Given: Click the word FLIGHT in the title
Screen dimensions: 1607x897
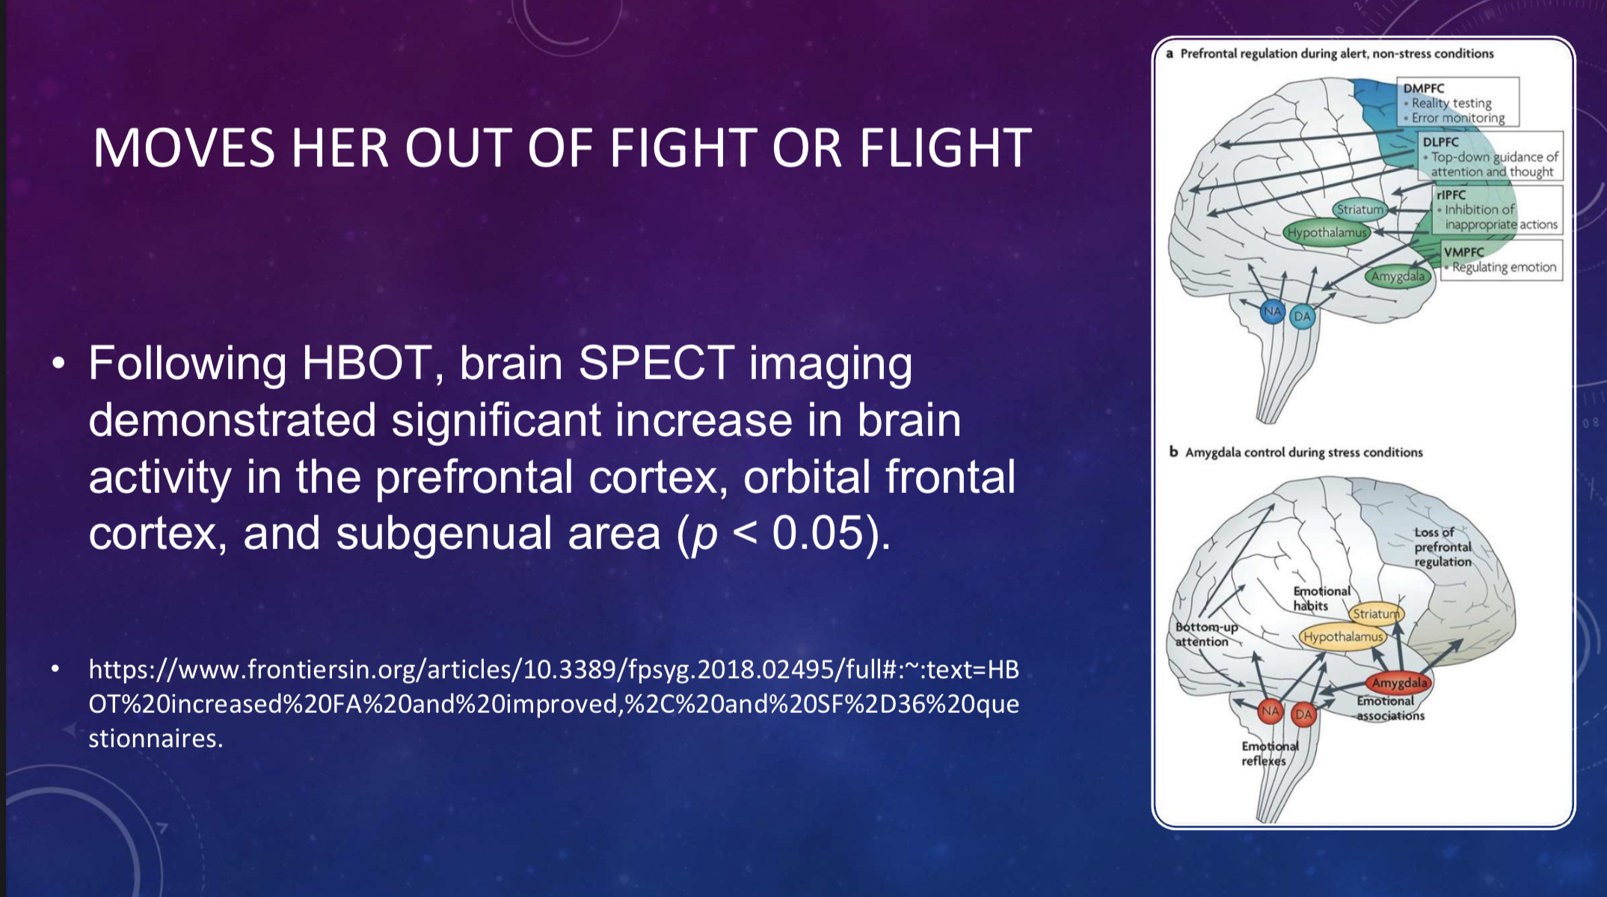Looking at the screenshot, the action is [945, 147].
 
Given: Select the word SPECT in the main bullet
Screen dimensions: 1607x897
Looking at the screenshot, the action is [656, 364].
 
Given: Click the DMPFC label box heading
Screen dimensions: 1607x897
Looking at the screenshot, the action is [1424, 88].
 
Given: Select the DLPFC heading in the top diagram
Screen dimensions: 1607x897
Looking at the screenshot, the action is [1441, 142].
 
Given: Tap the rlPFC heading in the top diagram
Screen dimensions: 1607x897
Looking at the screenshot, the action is [1451, 195].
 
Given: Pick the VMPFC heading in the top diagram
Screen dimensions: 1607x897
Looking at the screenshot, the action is [1464, 252].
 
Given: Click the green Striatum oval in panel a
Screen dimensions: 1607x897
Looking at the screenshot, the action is [1360, 210].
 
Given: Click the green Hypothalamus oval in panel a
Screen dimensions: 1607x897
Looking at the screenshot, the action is [1327, 233].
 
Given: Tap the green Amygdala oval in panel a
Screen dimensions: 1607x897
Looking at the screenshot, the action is [1398, 276].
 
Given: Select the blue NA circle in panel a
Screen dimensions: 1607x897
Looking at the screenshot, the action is [1273, 311].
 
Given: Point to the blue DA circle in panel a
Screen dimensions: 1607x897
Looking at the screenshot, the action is [1303, 316].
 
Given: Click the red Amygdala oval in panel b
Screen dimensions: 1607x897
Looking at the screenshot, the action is [1399, 682].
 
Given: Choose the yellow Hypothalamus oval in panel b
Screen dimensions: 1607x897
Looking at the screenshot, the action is [1343, 637].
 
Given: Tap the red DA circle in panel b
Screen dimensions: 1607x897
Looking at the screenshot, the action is [1303, 714].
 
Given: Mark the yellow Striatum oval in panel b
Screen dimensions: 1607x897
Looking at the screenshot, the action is [1376, 613].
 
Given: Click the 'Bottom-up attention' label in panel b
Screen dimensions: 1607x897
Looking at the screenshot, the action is [1206, 634].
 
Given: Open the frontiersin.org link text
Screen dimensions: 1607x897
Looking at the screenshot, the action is [553, 704].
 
